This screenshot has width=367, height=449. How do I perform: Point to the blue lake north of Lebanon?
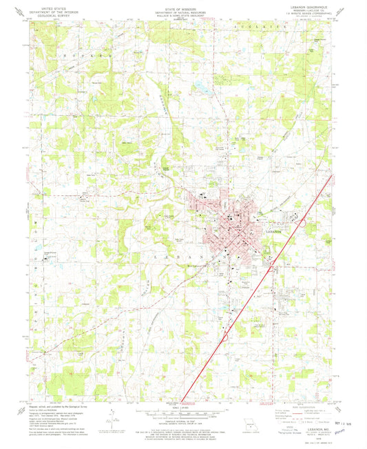coord(202,88)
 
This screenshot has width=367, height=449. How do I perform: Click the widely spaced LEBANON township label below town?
coord(207,255)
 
